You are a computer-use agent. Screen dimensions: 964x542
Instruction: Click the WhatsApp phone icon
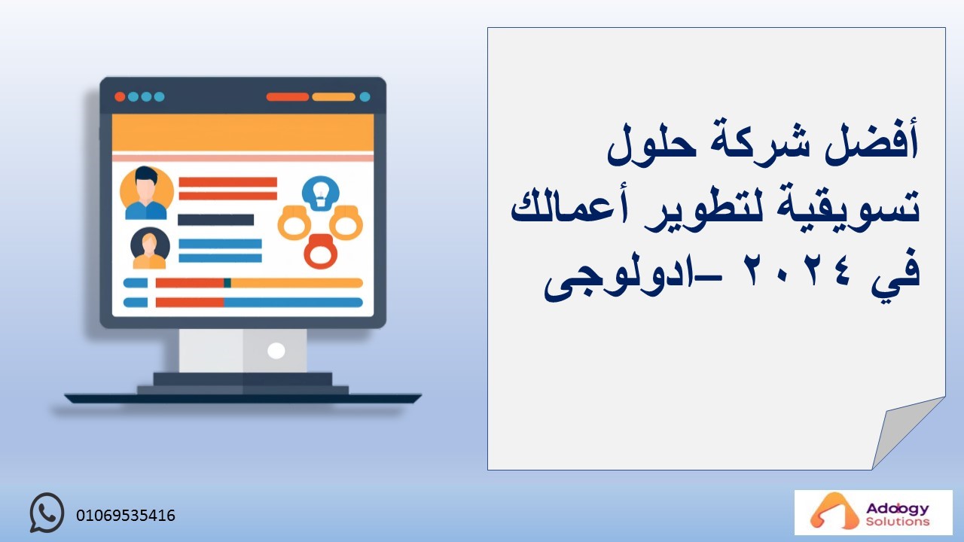pos(47,513)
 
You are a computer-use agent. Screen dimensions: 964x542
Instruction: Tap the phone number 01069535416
pos(126,516)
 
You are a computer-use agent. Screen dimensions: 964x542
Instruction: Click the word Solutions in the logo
pos(897,522)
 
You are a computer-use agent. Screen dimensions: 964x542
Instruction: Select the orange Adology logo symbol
pos(828,511)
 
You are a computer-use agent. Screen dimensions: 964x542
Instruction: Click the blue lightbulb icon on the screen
pos(320,193)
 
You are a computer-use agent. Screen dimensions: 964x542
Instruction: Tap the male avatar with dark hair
pos(146,193)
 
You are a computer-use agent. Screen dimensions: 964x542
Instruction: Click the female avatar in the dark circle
pos(150,248)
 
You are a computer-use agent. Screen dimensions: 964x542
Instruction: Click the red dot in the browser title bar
pos(120,97)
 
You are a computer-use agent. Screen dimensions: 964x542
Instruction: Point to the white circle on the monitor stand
pos(276,351)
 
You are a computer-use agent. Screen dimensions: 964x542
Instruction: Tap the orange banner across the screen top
pos(243,133)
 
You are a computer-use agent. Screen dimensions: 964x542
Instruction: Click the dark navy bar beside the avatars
pos(215,220)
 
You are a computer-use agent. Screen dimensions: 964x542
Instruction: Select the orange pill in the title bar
pos(334,97)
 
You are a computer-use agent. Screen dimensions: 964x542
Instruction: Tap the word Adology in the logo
pos(897,510)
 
